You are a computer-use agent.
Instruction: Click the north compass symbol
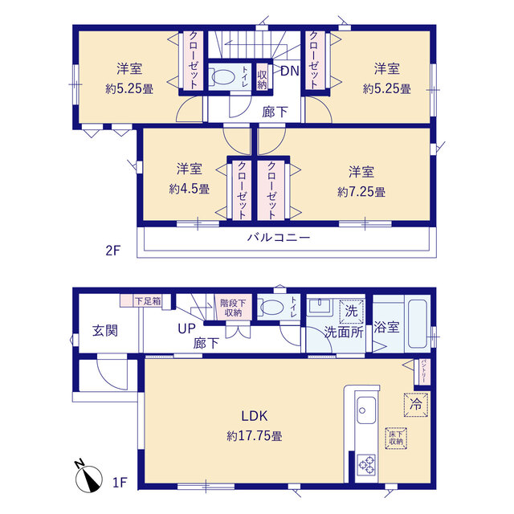coord(88,477)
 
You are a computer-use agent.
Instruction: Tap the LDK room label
coord(255,416)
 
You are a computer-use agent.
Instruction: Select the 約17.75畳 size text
coord(255,435)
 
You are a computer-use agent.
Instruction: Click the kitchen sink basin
coord(366,410)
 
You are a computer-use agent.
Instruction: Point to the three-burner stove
coord(367,464)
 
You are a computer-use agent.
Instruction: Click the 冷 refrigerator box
coord(416,405)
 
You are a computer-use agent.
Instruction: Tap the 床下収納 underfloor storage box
coord(396,439)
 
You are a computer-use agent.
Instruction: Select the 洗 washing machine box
coord(352,311)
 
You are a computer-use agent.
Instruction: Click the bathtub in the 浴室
coord(418,324)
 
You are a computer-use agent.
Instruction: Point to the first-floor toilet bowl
coord(271,308)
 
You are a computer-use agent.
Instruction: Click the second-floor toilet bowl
coord(222,77)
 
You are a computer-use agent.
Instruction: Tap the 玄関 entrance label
coord(105,330)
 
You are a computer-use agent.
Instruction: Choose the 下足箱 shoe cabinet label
coord(148,301)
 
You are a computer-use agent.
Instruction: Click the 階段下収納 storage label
coord(233,308)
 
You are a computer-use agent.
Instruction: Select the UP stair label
coord(187,328)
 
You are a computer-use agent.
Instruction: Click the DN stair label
coord(290,71)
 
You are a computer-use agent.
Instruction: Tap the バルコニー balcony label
coord(279,237)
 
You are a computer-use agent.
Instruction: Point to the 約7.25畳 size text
coord(361,192)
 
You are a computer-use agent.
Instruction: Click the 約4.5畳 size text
coord(190,189)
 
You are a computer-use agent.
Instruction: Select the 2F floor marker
coord(113,251)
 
